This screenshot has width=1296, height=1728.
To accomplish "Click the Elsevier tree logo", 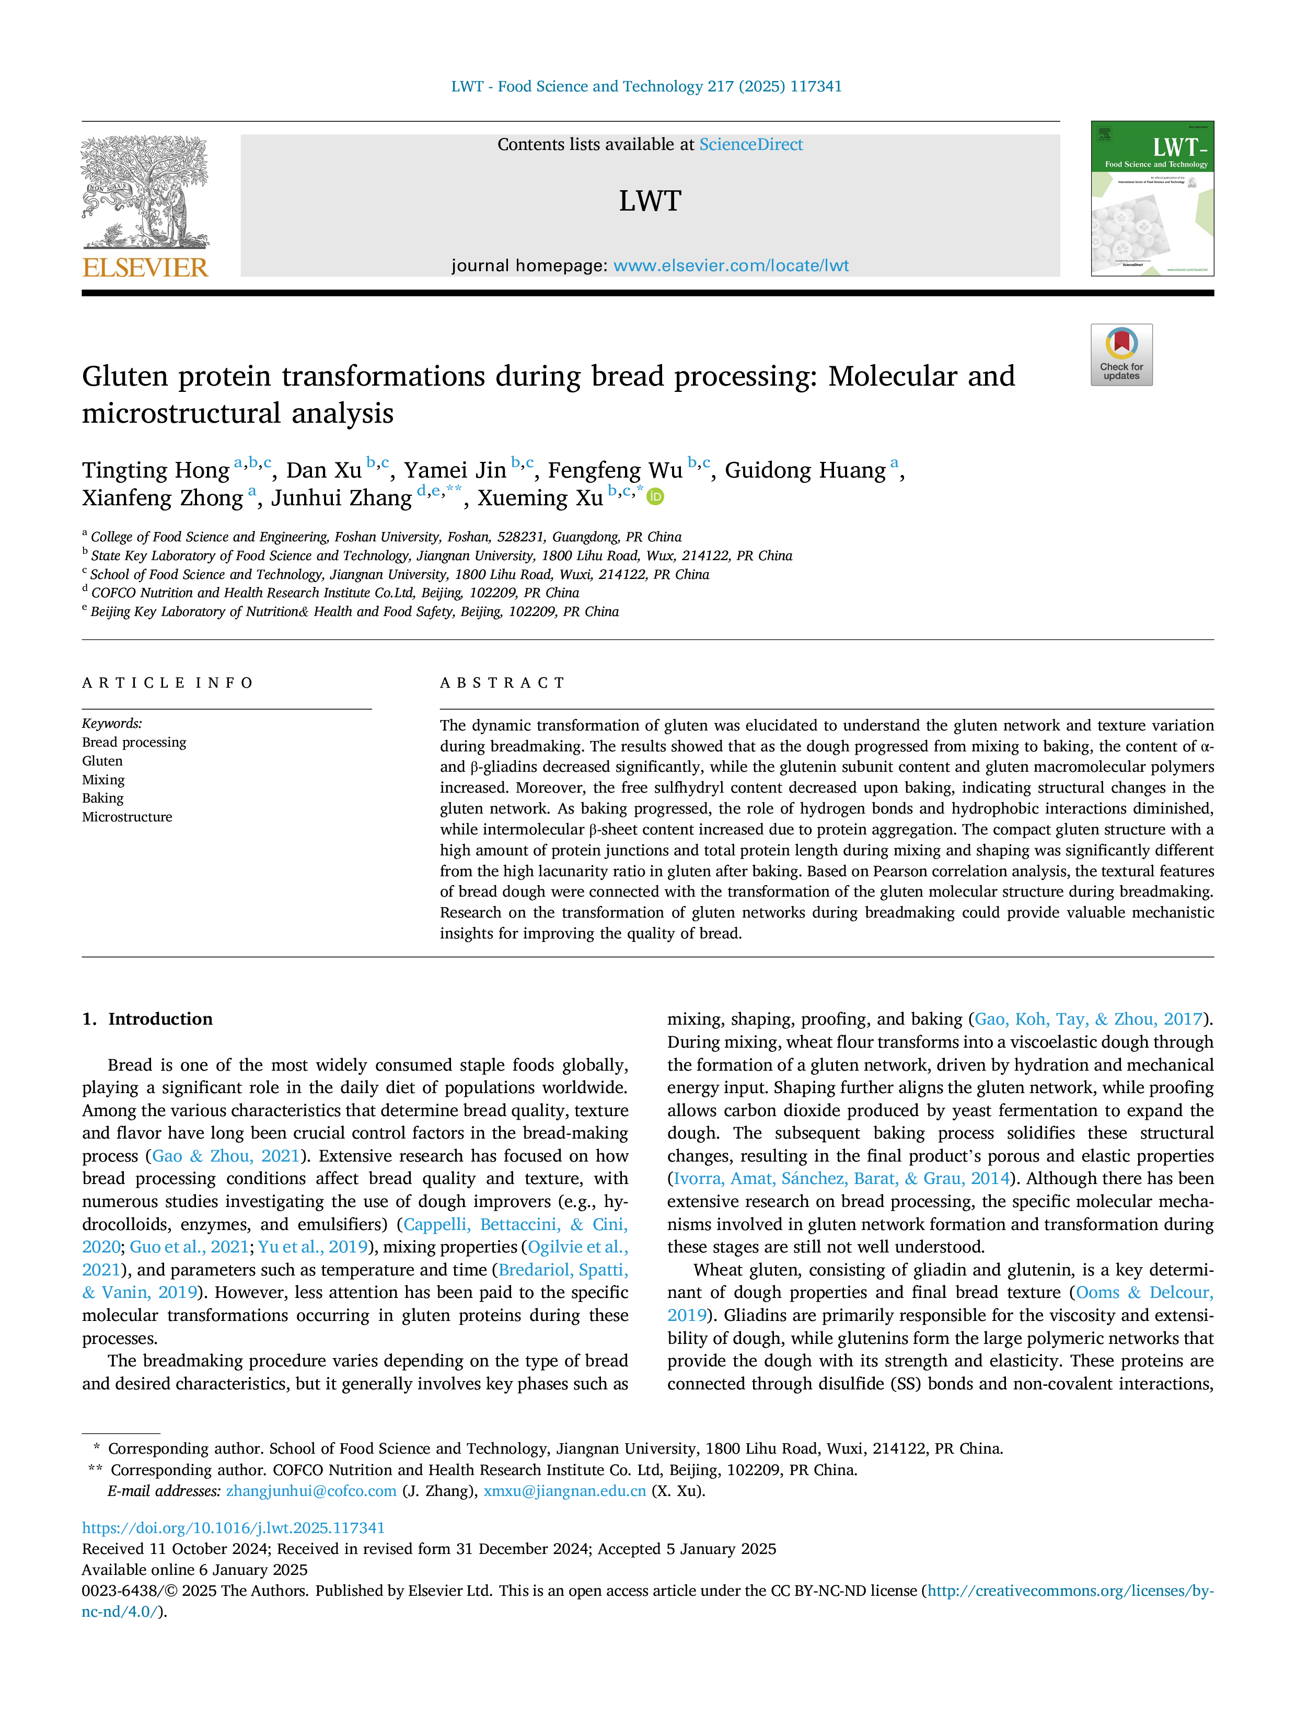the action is click(145, 193).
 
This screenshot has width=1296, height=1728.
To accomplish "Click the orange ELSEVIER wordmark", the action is click(145, 268).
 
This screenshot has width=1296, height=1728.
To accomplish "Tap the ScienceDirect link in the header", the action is click(751, 145).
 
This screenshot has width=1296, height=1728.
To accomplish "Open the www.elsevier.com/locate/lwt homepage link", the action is click(731, 265).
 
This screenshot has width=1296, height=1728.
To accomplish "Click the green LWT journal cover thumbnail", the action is click(1152, 199).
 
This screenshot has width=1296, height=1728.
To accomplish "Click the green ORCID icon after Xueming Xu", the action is click(655, 497).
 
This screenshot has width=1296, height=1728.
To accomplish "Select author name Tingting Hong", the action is click(155, 470).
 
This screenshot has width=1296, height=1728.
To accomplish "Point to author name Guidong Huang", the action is click(805, 470).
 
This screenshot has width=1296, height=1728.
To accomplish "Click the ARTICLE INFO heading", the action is click(167, 683).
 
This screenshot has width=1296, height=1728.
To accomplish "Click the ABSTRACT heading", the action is click(502, 683).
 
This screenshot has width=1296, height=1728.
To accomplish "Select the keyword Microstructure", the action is click(128, 817).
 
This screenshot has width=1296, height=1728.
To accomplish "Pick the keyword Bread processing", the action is click(134, 742).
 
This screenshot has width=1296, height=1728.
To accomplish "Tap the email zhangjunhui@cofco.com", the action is click(311, 1491).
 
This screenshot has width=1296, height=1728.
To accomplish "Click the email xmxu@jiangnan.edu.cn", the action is click(565, 1491).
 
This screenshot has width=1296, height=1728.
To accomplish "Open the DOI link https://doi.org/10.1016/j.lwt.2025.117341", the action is click(234, 1527).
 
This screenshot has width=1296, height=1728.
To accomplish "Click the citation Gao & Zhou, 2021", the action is click(226, 1156).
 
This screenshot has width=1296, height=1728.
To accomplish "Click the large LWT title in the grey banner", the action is click(650, 201).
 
